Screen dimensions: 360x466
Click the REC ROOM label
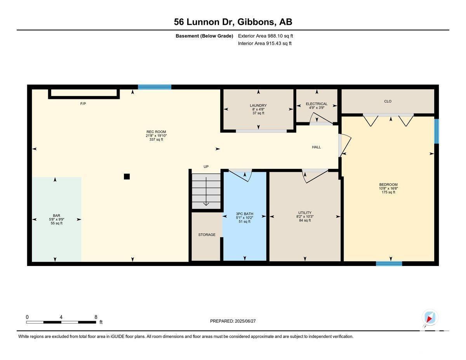click(156, 132)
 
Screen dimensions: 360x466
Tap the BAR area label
click(56, 216)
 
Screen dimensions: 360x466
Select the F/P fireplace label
click(83, 104)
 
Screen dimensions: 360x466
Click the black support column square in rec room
click(127, 177)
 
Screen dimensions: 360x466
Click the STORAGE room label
click(207, 235)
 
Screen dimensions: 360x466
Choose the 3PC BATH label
click(244, 214)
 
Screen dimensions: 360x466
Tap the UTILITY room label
click(305, 213)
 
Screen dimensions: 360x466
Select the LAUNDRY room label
click(258, 106)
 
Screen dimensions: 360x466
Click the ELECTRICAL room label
click(316, 104)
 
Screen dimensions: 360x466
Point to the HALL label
click(316, 147)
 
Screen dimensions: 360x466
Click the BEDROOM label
click(388, 185)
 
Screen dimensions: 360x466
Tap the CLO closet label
click(388, 101)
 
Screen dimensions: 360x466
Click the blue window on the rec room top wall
click(155, 87)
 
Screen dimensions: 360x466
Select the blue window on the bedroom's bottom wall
click(389, 264)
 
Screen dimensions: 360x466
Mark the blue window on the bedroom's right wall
click(436, 131)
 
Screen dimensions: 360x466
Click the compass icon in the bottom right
click(429, 318)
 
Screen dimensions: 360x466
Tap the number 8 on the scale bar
click(96, 317)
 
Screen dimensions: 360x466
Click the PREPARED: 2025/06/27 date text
click(233, 321)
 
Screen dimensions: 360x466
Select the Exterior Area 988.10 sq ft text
click(265, 36)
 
